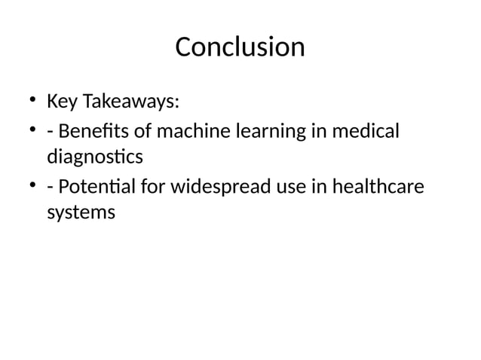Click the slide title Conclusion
[240, 47]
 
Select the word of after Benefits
[142, 132]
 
